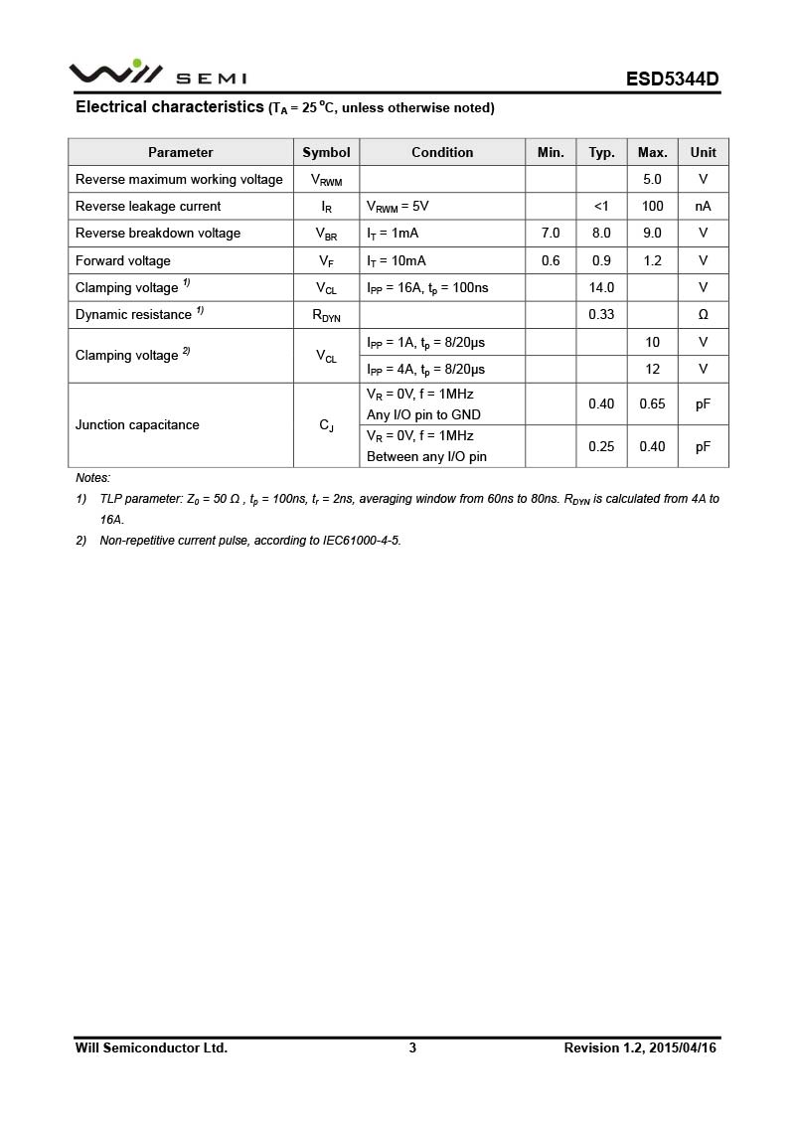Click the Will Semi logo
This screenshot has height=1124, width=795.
pyautogui.click(x=157, y=74)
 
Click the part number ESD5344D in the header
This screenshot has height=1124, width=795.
pyautogui.click(x=672, y=79)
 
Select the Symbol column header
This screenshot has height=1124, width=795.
pyautogui.click(x=326, y=152)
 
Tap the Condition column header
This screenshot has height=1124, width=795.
pyautogui.click(x=442, y=152)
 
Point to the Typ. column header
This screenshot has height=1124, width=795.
pyautogui.click(x=601, y=152)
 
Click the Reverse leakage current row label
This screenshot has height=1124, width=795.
pyautogui.click(x=148, y=206)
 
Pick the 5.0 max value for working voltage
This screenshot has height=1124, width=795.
pyautogui.click(x=652, y=179)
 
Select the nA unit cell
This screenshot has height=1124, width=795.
pyautogui.click(x=703, y=206)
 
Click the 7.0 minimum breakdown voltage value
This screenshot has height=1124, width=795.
pyautogui.click(x=551, y=233)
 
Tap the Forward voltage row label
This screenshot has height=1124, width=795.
pyautogui.click(x=123, y=260)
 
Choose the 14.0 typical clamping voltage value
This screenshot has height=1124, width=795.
pyautogui.click(x=601, y=287)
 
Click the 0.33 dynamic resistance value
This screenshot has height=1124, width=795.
pyautogui.click(x=601, y=314)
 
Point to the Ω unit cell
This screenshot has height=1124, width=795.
pyautogui.click(x=703, y=314)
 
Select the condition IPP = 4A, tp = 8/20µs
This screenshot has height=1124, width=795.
pyautogui.click(x=425, y=369)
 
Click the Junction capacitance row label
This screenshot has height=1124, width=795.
pyautogui.click(x=137, y=424)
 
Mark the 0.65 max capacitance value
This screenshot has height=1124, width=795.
pyautogui.click(x=652, y=403)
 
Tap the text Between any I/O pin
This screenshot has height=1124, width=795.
pyautogui.click(x=426, y=457)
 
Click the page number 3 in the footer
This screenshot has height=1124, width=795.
pyautogui.click(x=412, y=1047)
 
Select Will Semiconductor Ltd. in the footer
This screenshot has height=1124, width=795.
pyautogui.click(x=151, y=1047)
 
